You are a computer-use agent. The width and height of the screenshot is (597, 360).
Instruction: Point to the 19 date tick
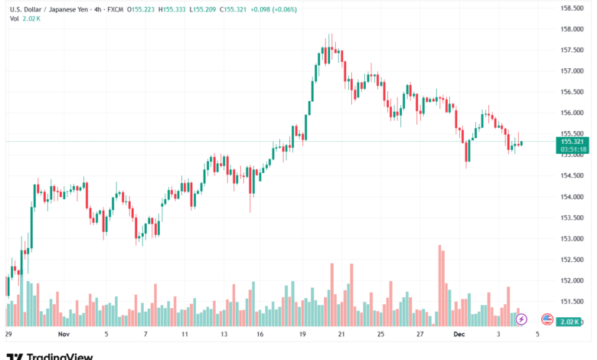tap(303, 335)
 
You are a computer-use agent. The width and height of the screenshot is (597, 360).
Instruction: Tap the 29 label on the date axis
tap(8, 335)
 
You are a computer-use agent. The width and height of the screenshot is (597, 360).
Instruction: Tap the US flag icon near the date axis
tap(546, 319)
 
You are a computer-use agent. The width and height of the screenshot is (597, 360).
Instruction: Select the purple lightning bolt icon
tap(521, 319)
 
